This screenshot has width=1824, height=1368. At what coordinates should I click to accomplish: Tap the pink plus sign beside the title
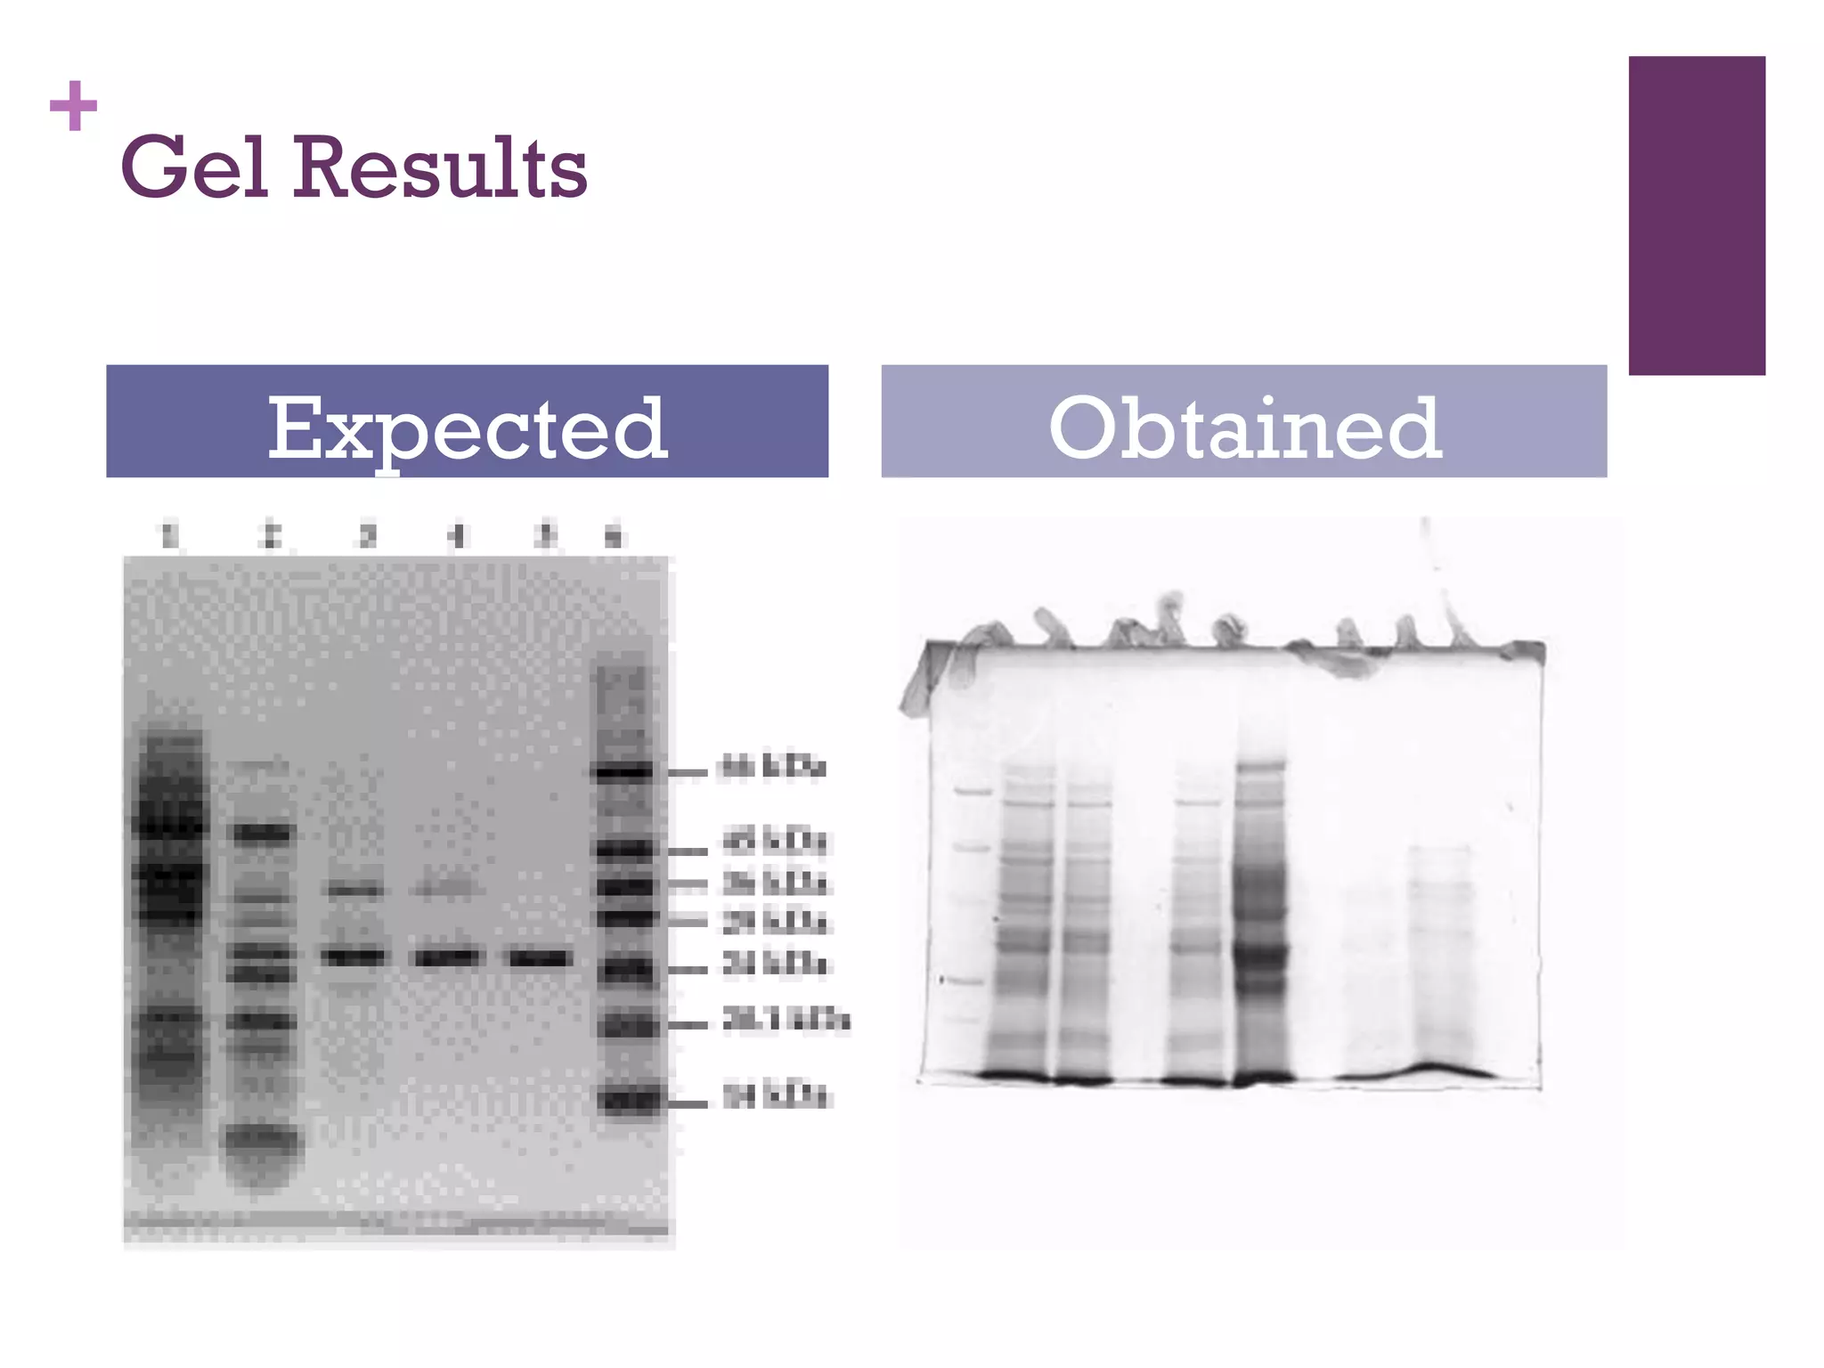[73, 106]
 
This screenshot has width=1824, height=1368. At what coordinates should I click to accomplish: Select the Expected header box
[467, 421]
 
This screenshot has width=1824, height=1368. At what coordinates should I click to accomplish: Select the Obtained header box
[1243, 421]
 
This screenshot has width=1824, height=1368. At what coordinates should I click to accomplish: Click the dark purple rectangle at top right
[1696, 216]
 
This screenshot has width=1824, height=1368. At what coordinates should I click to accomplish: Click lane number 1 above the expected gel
[169, 535]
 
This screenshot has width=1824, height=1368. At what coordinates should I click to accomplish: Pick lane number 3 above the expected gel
[367, 535]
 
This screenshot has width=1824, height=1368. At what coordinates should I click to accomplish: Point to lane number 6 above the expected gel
[614, 536]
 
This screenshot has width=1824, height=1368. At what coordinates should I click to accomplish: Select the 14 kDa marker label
[775, 1095]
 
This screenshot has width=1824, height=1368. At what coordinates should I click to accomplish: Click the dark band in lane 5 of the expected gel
[539, 958]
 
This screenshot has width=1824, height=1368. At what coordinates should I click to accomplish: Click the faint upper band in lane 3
[354, 889]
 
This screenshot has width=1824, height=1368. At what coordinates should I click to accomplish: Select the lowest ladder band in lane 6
[628, 1101]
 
